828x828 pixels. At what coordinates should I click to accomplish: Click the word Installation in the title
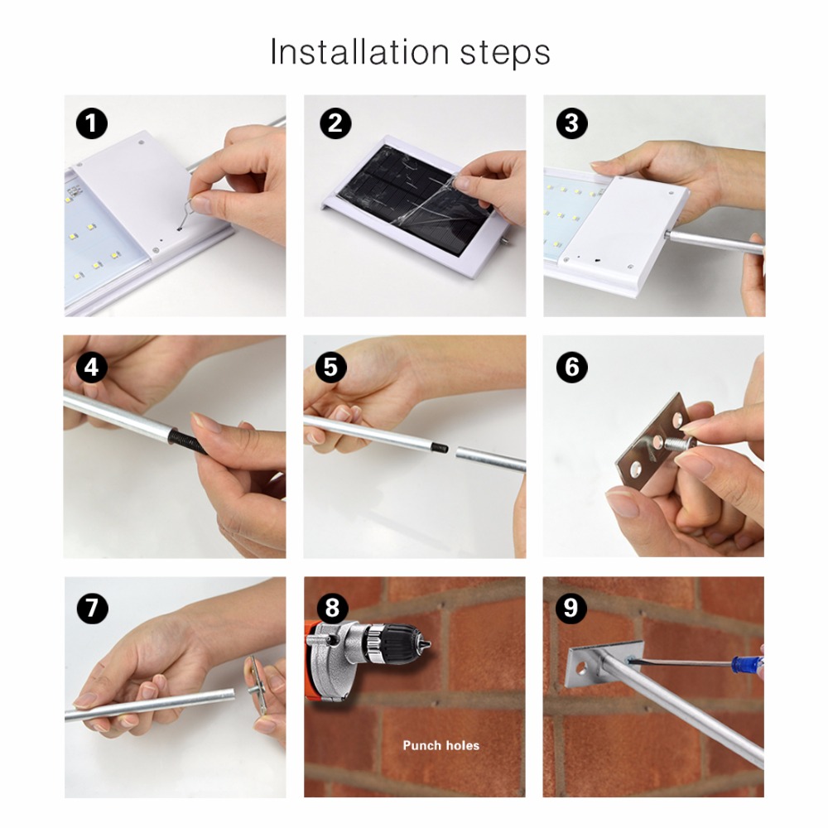(x=359, y=51)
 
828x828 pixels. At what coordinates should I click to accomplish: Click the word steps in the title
(x=505, y=54)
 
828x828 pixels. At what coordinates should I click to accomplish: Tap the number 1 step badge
(x=92, y=123)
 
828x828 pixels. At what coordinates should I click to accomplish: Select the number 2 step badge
(x=335, y=123)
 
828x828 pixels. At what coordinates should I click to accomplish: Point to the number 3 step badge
(x=572, y=123)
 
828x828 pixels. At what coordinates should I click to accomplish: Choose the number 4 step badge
(x=92, y=367)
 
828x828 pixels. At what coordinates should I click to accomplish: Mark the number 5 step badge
(x=331, y=367)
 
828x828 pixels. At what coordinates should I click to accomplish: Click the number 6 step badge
(x=572, y=367)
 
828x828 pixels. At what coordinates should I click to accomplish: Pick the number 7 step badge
(x=93, y=608)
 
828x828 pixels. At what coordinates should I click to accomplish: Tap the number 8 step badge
(x=332, y=608)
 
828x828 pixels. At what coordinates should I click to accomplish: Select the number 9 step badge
(x=571, y=608)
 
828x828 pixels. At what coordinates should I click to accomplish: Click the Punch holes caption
(x=441, y=745)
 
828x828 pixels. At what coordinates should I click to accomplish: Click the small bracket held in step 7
(x=257, y=685)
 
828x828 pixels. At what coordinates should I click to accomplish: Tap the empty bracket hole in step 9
(x=581, y=667)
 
